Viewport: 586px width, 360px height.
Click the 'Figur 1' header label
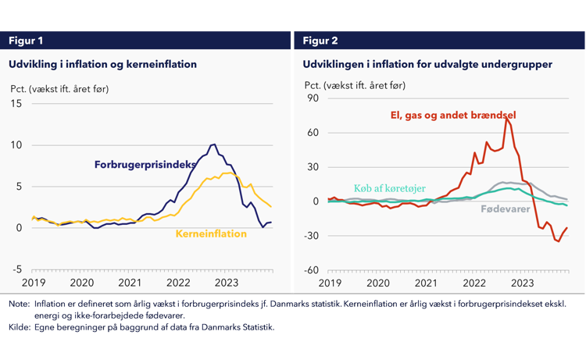click(x=26, y=41)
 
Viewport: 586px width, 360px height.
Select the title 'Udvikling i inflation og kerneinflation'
click(x=102, y=64)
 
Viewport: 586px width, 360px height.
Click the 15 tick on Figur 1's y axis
click(x=18, y=104)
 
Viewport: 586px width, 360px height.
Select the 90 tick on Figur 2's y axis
click(x=313, y=98)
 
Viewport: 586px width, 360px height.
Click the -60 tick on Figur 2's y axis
click(x=311, y=270)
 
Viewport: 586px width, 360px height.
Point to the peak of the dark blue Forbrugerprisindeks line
click(x=214, y=144)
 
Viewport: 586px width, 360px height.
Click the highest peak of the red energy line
click(x=506, y=118)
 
